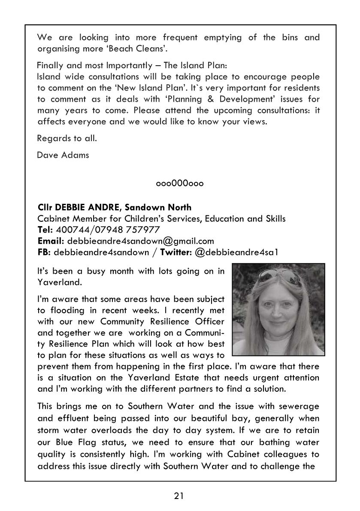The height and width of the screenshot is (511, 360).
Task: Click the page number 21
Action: [x=179, y=496]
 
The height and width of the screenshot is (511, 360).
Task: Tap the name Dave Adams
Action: [x=63, y=155]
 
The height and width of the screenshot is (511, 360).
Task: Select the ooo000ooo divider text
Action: [x=180, y=184]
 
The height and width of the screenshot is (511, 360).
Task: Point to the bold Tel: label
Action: [x=44, y=230]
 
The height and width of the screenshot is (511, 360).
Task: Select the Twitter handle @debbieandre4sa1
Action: [x=236, y=252]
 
